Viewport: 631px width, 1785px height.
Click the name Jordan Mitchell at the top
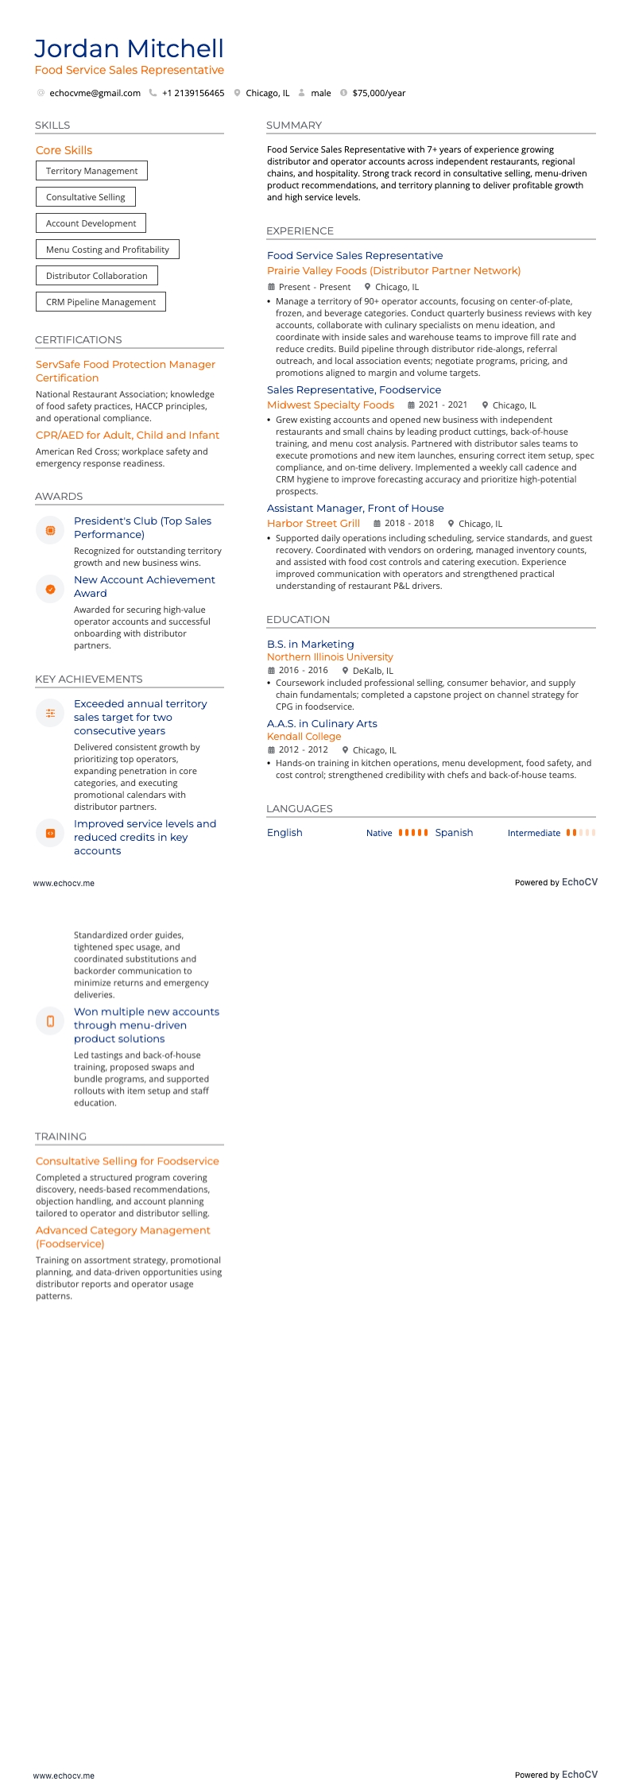click(x=129, y=48)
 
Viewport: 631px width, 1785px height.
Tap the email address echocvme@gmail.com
click(x=95, y=93)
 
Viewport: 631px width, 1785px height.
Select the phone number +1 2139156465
click(x=193, y=93)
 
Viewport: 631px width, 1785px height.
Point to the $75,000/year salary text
click(x=378, y=93)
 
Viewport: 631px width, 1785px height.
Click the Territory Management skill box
click(x=91, y=171)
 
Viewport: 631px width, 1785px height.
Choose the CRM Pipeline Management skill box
click(x=100, y=302)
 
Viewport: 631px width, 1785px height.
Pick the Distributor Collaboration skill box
click(x=96, y=276)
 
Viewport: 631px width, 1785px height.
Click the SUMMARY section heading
click(x=294, y=126)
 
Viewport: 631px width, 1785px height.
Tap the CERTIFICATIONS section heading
click(x=79, y=340)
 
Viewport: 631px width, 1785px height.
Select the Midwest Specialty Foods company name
click(x=331, y=405)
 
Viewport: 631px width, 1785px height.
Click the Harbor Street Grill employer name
click(x=313, y=524)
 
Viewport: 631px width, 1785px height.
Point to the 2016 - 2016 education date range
click(x=303, y=671)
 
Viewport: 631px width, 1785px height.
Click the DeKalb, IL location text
click(x=373, y=671)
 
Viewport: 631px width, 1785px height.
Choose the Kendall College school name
click(x=304, y=737)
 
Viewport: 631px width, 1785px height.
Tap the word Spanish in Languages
click(x=454, y=833)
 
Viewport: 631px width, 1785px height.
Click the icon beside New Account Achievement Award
click(x=50, y=589)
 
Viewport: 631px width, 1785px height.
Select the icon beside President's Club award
click(x=50, y=530)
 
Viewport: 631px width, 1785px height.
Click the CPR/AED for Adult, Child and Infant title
click(x=127, y=436)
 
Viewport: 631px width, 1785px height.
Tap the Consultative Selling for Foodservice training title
click(x=127, y=1161)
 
